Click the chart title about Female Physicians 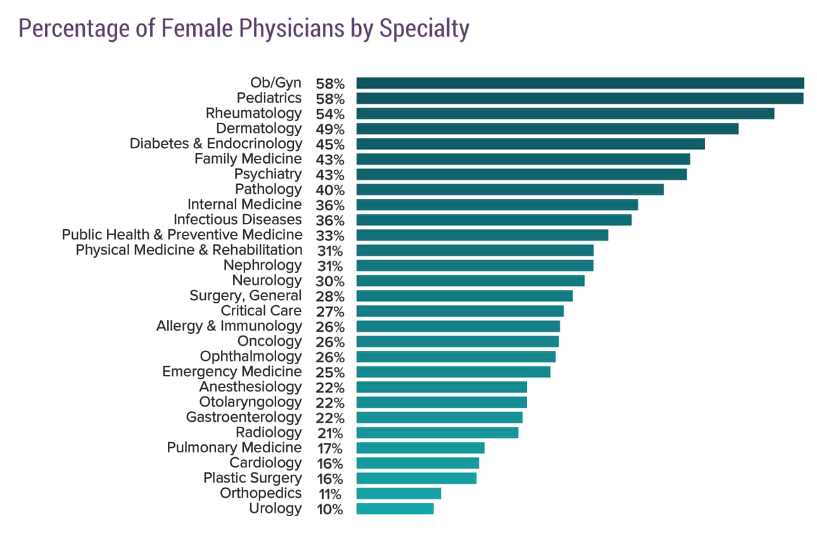(x=244, y=29)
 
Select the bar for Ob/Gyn (x=579, y=83)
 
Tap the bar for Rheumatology (x=565, y=113)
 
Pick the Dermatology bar (x=547, y=129)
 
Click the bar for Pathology (x=510, y=189)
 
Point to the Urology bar (x=395, y=509)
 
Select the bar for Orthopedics (x=398, y=493)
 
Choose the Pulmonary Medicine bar (x=420, y=448)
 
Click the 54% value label (x=329, y=115)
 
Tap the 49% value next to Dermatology (x=329, y=130)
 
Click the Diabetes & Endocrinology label (x=216, y=144)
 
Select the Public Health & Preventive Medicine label (x=182, y=235)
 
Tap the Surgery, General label (x=246, y=296)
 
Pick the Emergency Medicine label (x=232, y=372)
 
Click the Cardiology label (x=265, y=463)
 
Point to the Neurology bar (x=470, y=281)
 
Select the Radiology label (x=269, y=433)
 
